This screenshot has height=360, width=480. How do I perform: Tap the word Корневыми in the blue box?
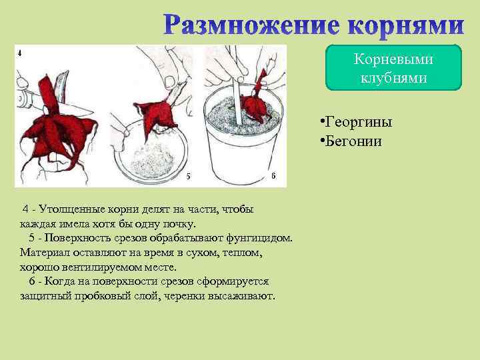pyautogui.click(x=393, y=59)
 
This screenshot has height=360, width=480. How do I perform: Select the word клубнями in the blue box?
pyautogui.click(x=393, y=77)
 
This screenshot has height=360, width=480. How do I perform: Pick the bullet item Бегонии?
pyautogui.click(x=353, y=141)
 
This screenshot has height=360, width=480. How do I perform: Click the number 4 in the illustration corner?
pyautogui.click(x=19, y=52)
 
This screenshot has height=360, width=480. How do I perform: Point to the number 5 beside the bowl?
pyautogui.click(x=188, y=176)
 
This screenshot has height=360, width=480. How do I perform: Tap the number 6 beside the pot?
pyautogui.click(x=273, y=175)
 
